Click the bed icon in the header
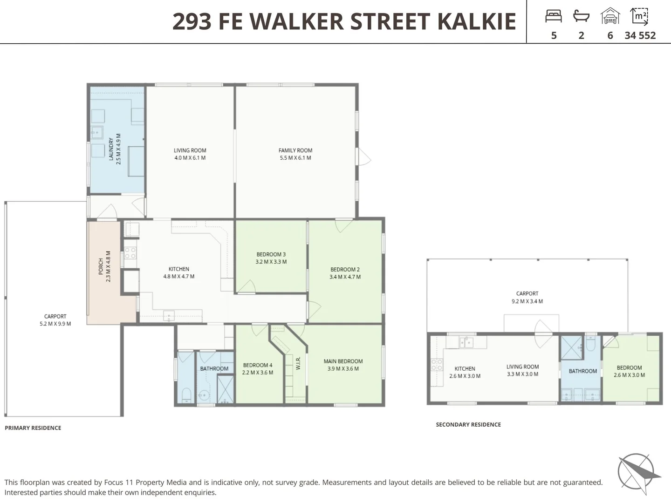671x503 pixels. click(x=554, y=16)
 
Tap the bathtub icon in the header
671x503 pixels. click(x=581, y=16)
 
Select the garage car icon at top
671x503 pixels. click(x=610, y=16)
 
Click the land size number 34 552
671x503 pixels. click(x=640, y=35)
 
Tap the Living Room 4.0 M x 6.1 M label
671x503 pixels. click(x=190, y=154)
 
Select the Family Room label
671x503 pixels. click(x=295, y=154)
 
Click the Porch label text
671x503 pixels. click(x=104, y=266)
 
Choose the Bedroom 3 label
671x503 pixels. click(x=271, y=258)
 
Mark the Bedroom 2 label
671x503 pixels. click(x=345, y=273)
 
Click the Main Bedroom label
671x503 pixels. click(x=343, y=365)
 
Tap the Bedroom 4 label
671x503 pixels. click(x=257, y=368)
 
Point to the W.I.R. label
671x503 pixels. click(x=298, y=363)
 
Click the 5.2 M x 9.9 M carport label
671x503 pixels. click(x=55, y=320)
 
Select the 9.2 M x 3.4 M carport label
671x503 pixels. click(x=527, y=297)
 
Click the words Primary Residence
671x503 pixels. click(x=33, y=428)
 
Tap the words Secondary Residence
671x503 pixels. click(x=468, y=425)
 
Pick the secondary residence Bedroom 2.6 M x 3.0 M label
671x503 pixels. click(x=629, y=371)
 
